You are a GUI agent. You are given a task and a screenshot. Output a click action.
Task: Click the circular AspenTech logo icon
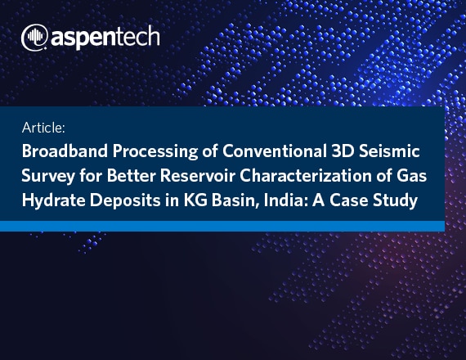click(35, 38)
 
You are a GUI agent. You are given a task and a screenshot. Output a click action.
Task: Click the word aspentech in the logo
click(105, 38)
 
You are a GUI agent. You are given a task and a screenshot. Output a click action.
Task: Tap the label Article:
click(43, 128)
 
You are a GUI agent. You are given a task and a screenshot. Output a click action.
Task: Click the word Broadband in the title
click(65, 151)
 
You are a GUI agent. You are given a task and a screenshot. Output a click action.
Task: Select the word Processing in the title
click(155, 151)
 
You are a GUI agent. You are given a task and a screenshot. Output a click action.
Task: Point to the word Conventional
click(275, 151)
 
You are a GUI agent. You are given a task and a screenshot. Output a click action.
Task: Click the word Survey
click(48, 176)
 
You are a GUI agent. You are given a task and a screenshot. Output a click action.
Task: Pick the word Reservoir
click(198, 176)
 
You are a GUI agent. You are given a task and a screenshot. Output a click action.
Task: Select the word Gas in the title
click(411, 176)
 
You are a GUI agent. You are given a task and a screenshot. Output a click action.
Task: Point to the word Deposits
click(125, 200)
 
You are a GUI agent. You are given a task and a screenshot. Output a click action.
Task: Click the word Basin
click(235, 200)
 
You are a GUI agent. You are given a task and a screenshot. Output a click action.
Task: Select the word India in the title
click(285, 200)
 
